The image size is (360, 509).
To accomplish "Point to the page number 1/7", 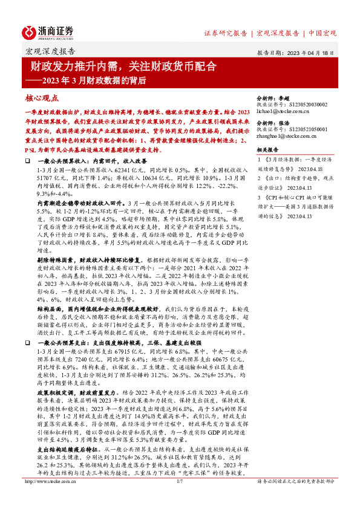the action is (x=179, y=498).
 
